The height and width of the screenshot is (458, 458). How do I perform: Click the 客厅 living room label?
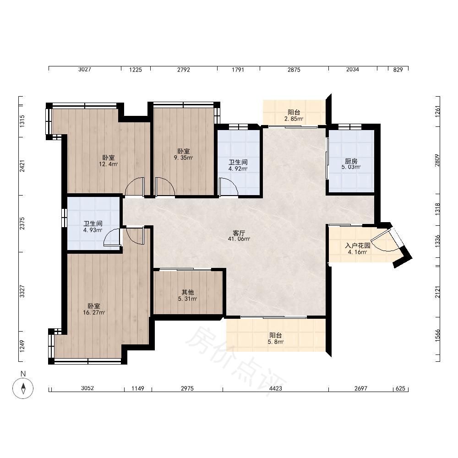239,233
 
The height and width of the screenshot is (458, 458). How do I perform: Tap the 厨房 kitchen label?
351,161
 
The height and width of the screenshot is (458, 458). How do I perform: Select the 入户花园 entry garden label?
358,245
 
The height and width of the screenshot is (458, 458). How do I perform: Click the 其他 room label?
187,292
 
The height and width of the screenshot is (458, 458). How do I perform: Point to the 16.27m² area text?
94,312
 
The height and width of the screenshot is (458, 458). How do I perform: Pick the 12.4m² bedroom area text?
109,164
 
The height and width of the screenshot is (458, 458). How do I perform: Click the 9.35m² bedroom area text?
184,158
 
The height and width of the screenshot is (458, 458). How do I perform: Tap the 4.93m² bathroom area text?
93,230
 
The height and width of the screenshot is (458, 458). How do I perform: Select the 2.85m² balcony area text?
294,119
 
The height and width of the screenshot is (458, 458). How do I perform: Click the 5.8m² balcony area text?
275,342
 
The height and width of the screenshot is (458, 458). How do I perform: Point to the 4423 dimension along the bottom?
275,388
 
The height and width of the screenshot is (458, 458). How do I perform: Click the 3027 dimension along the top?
85,70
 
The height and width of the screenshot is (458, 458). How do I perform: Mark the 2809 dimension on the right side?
437,160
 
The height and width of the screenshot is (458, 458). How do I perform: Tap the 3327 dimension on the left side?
22,291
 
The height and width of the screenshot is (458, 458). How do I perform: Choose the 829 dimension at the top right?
398,70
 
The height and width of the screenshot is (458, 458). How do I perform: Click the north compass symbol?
23,388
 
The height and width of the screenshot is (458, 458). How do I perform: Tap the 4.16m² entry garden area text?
358,252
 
